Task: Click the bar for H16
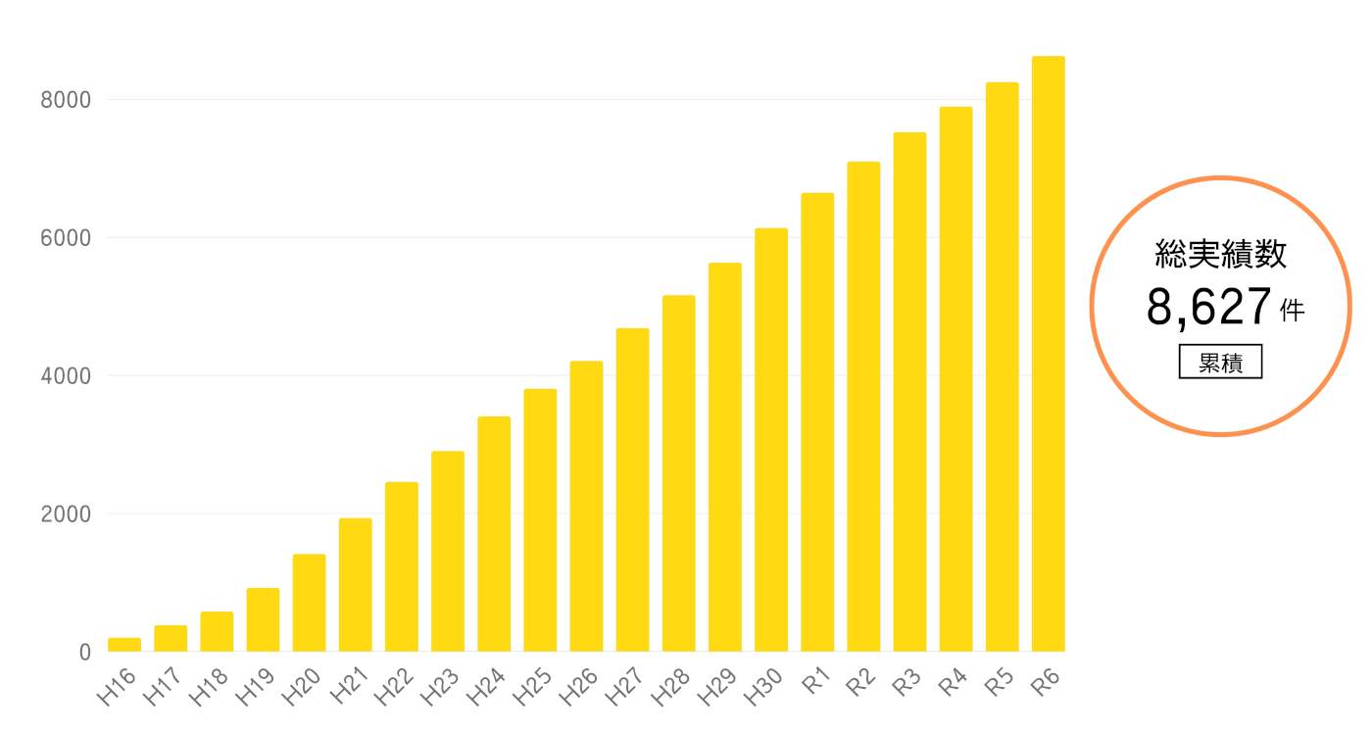124,645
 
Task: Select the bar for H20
309,603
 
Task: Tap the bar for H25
540,520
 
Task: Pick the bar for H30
771,440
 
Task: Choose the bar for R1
817,422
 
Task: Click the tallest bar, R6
1048,354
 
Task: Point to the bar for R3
909,392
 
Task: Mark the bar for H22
402,566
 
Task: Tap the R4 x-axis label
952,682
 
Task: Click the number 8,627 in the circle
1209,308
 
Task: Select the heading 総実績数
1221,255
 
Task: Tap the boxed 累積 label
1220,363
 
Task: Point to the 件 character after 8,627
1293,312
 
